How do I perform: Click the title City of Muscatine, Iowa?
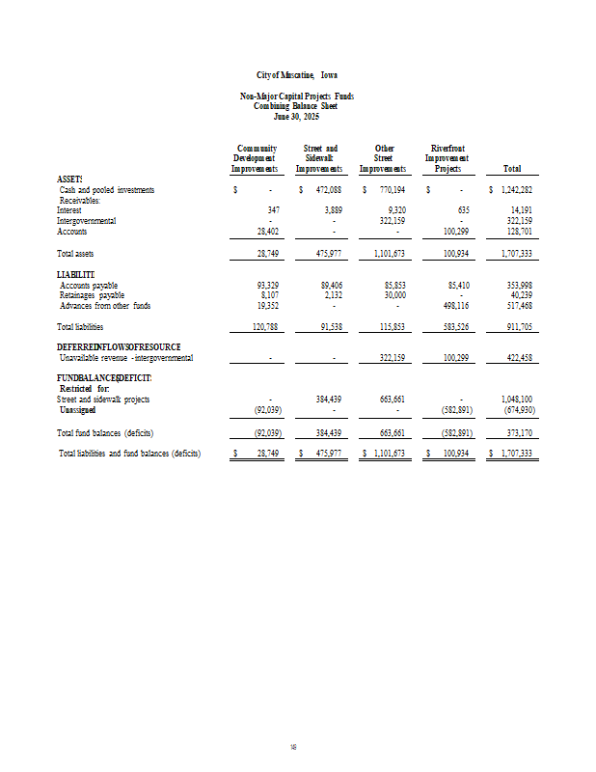(297, 74)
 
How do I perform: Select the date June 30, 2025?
(297, 116)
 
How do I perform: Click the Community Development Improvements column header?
(255, 158)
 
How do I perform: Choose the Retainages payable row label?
(91, 296)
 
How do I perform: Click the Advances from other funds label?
(105, 306)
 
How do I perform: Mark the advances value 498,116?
(452, 306)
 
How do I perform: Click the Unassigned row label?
(77, 409)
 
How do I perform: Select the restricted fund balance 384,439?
(329, 399)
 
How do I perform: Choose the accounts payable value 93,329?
(266, 286)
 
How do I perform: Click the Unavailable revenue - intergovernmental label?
(125, 358)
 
